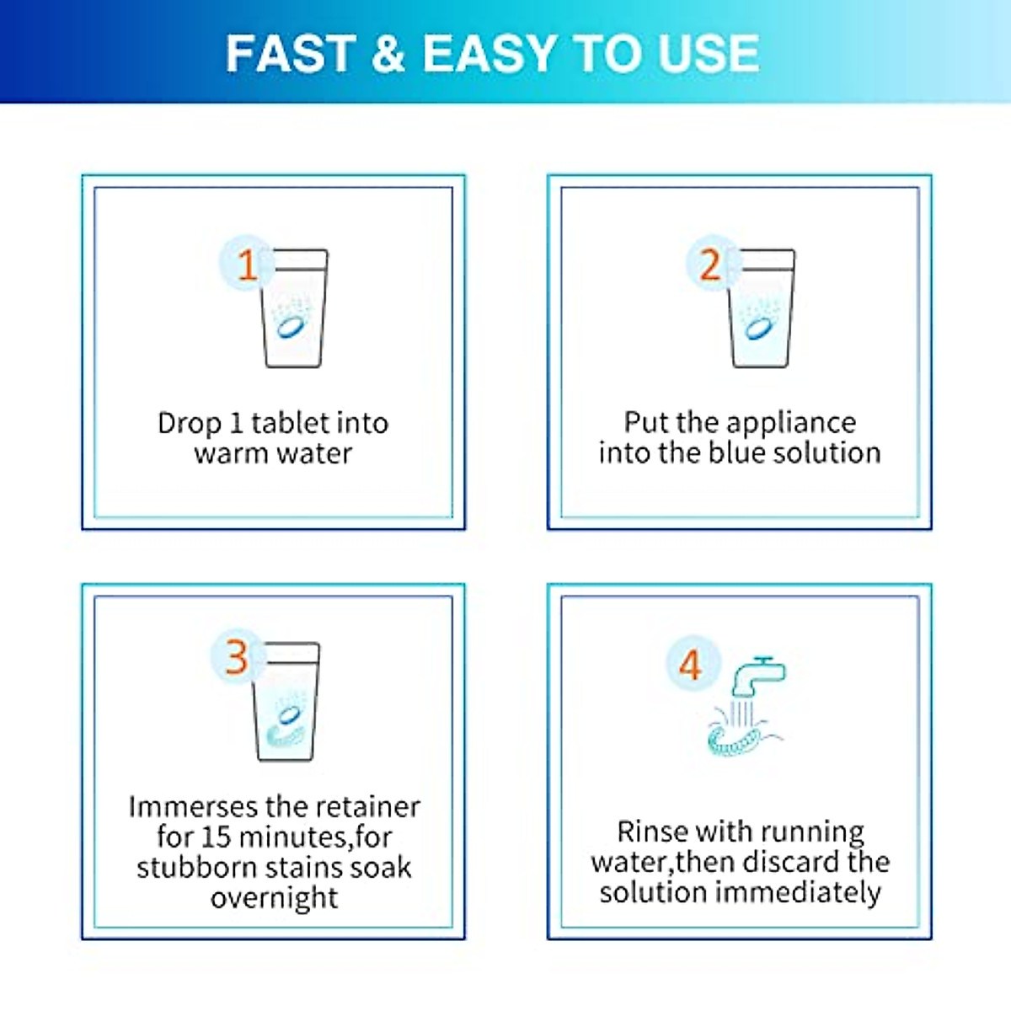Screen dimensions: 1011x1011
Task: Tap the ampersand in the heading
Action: coord(388,54)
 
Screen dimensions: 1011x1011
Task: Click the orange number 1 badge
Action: coord(246,265)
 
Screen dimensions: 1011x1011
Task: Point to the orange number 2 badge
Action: coord(710,265)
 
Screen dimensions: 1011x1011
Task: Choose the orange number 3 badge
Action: coord(237,657)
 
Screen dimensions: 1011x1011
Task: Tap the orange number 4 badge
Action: coord(690,665)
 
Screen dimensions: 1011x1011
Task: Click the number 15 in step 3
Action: coord(217,837)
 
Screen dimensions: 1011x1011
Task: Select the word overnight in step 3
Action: coord(274,898)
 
